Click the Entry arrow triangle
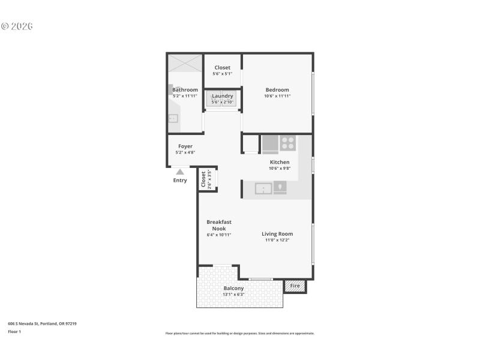[x=180, y=172]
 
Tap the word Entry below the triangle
[x=180, y=181]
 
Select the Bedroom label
[x=277, y=90]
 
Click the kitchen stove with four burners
[x=288, y=143]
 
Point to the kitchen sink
[x=264, y=188]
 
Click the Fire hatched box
[x=295, y=286]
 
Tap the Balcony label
[x=233, y=288]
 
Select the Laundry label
[x=223, y=96]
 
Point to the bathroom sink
[x=173, y=118]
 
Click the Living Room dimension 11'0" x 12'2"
[x=277, y=241]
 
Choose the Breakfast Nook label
[x=218, y=225]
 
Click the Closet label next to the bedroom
[x=222, y=68]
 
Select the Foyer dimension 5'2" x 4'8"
[x=185, y=152]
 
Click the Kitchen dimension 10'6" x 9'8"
[x=280, y=169]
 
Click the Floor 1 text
[x=14, y=331]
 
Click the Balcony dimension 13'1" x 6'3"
[x=233, y=295]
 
